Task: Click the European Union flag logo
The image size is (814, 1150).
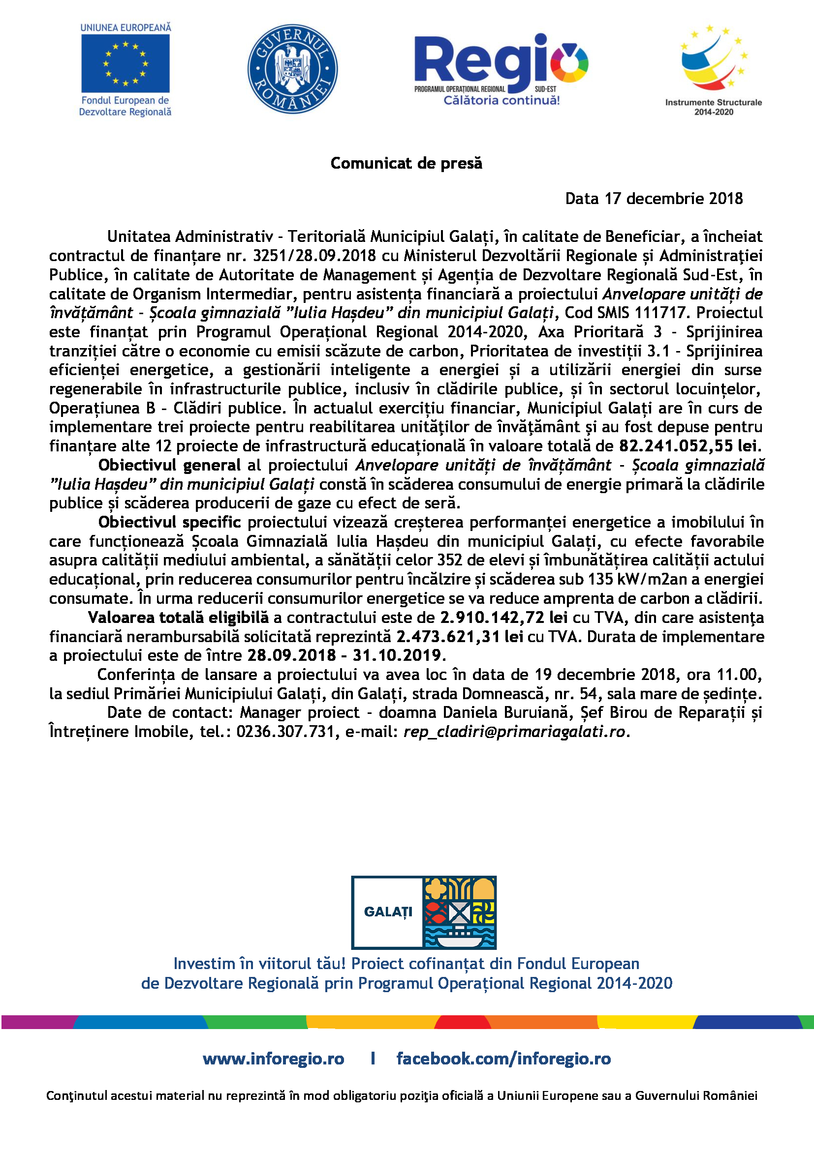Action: click(125, 63)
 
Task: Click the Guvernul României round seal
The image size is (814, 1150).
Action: click(293, 69)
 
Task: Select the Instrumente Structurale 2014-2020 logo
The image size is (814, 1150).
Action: click(713, 70)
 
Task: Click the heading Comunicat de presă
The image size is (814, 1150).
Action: click(406, 163)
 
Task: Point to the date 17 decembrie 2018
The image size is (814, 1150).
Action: click(674, 199)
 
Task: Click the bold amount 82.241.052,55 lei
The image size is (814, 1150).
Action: click(690, 446)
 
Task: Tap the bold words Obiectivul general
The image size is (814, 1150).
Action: click(169, 465)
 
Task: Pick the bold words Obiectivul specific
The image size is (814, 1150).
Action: click(169, 523)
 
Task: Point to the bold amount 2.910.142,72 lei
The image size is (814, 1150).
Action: click(504, 618)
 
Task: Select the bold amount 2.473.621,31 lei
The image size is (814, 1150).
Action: click(460, 637)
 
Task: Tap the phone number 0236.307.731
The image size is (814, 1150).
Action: click(285, 732)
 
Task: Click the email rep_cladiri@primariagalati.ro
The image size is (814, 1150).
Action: click(514, 732)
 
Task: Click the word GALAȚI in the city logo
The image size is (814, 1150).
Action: click(388, 912)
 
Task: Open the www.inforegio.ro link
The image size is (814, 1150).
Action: click(274, 1059)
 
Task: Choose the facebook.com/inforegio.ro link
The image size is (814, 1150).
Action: click(503, 1059)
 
